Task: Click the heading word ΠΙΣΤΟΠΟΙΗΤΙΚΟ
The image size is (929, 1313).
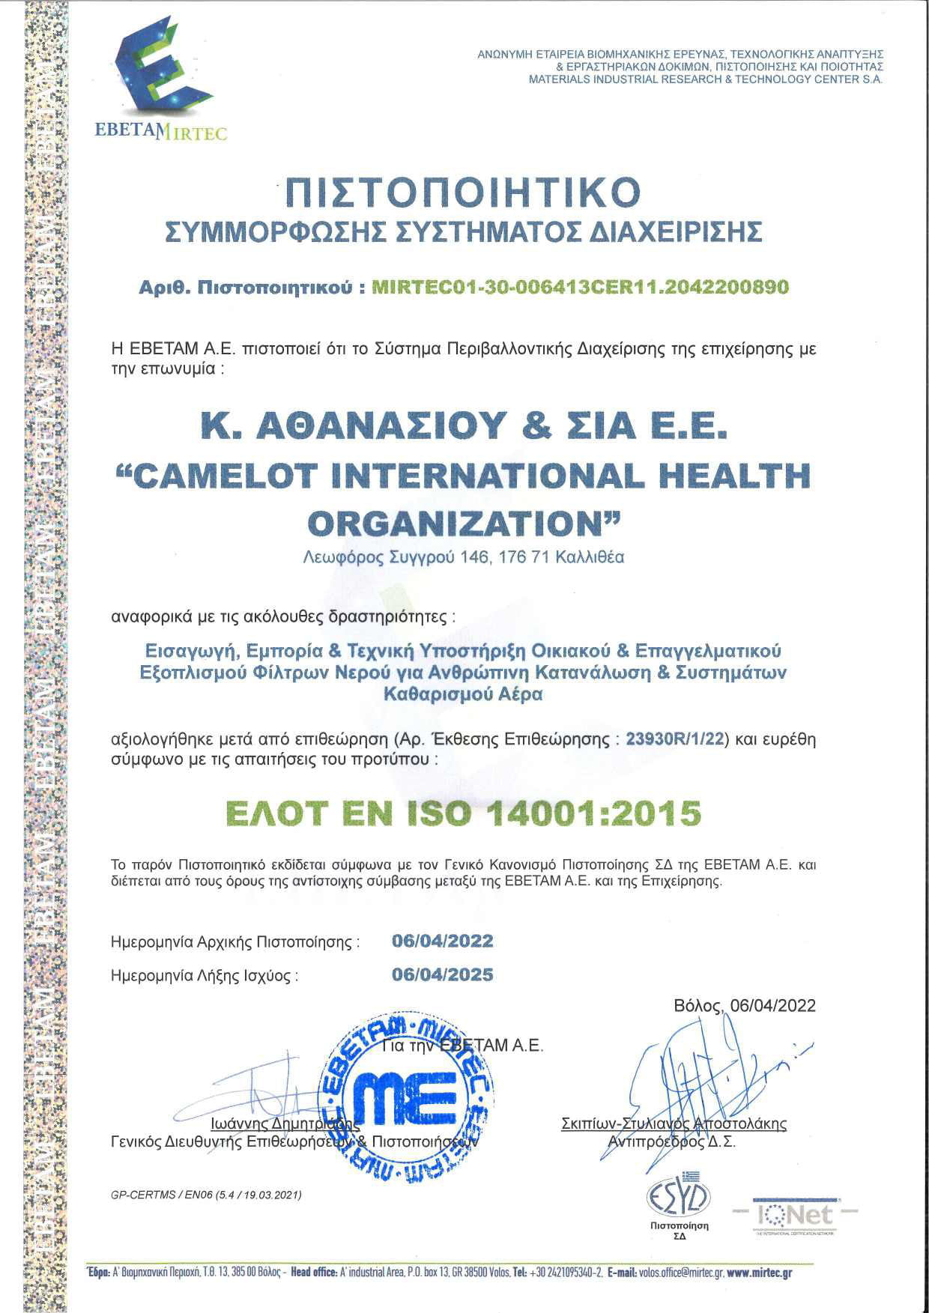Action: tap(464, 193)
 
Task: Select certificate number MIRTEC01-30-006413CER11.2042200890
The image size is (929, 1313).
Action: tap(580, 287)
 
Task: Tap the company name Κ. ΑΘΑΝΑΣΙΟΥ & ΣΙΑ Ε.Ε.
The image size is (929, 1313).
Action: tap(464, 425)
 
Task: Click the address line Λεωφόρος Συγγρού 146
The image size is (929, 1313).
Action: tap(464, 557)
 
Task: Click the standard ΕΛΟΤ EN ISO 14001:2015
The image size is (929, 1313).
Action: tap(464, 813)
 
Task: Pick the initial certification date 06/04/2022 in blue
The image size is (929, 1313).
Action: tap(442, 941)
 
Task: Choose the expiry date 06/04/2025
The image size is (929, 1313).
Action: tap(442, 974)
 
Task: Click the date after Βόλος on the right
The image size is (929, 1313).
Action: tap(772, 1005)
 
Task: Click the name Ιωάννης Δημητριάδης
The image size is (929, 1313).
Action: tap(285, 1124)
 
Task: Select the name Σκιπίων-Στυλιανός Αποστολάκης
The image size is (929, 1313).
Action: tap(674, 1124)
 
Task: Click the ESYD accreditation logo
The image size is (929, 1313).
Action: tap(679, 1199)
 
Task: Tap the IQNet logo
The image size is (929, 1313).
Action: tap(794, 1214)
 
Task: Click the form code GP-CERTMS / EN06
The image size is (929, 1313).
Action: tap(206, 1195)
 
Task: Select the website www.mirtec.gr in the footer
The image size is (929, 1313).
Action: tap(759, 1273)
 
